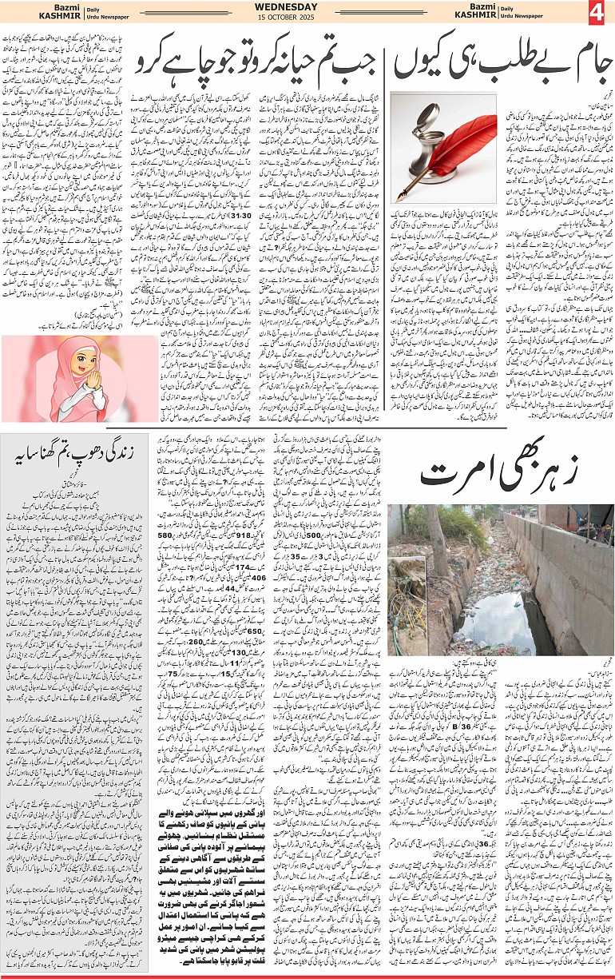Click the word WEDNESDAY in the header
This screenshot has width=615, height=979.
[307, 8]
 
